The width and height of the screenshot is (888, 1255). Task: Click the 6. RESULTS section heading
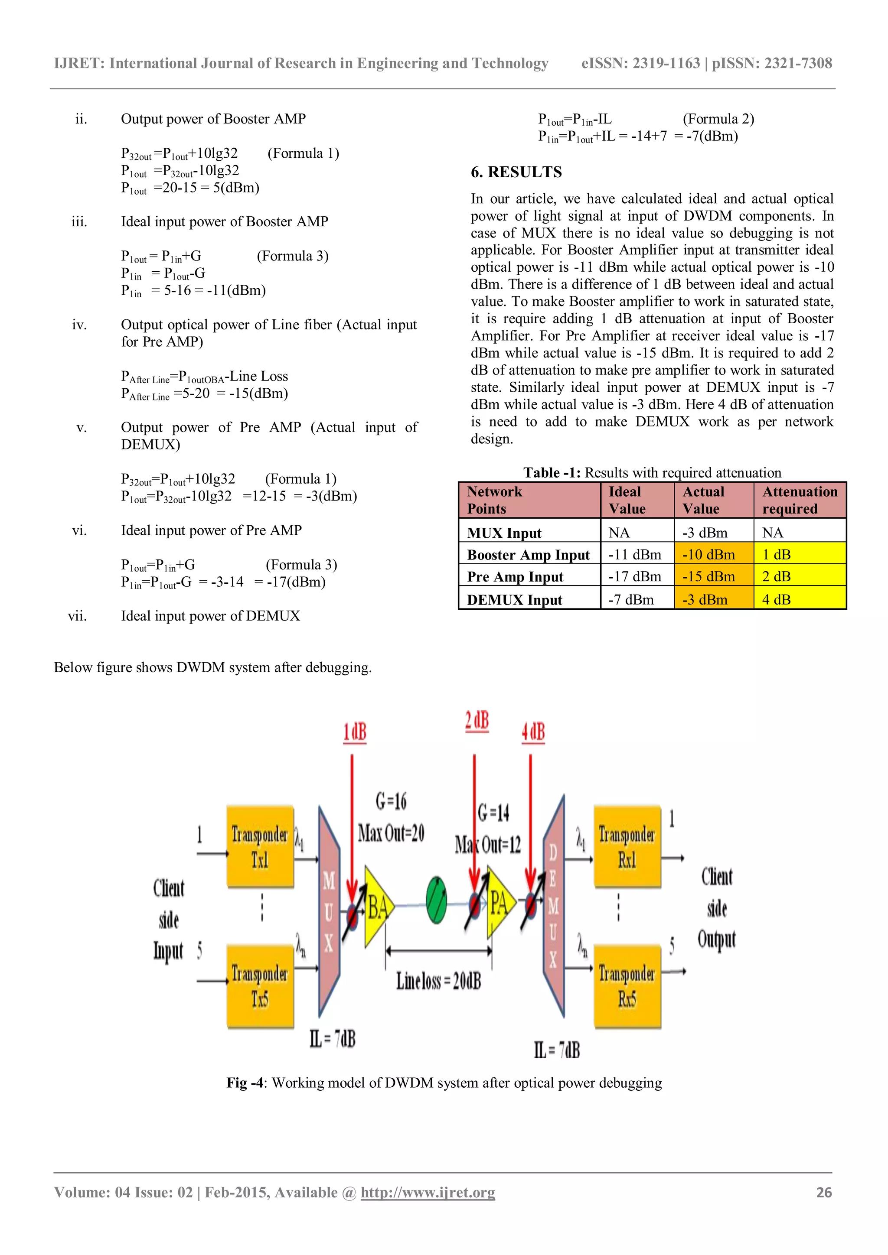click(x=516, y=172)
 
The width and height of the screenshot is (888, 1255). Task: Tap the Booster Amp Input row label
click(x=528, y=555)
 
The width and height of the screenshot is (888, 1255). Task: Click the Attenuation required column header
click(x=800, y=500)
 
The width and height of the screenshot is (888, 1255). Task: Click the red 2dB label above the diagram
click(x=477, y=722)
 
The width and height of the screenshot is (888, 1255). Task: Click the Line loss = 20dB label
click(x=438, y=981)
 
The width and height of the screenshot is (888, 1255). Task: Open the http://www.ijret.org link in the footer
click(x=428, y=1192)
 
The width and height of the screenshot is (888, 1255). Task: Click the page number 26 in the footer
click(x=823, y=1192)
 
